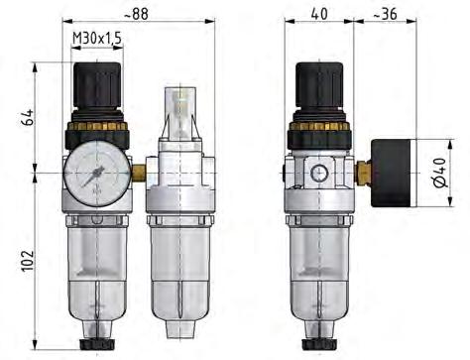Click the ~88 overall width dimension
(144, 15)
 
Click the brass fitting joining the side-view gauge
(363, 175)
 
